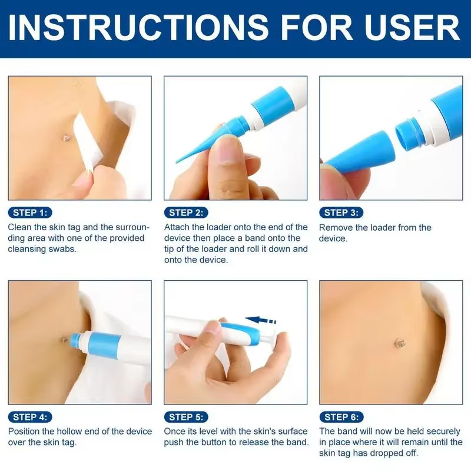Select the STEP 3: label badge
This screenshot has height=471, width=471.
[x=341, y=213]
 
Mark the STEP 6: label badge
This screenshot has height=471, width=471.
[x=341, y=417]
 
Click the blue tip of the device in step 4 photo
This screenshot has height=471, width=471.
[x=75, y=340]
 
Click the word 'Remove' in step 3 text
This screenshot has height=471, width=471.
[x=336, y=227]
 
